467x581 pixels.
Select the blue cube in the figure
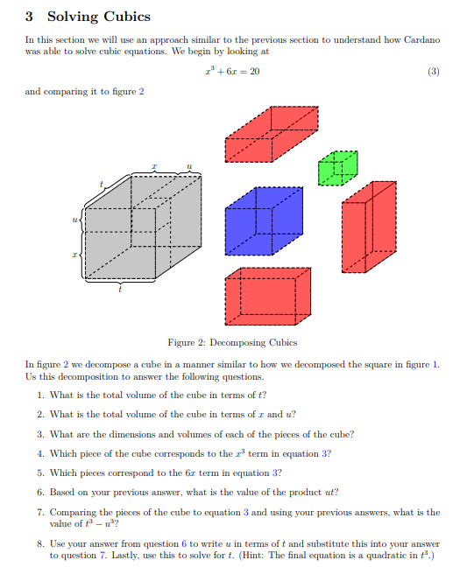tap(263, 222)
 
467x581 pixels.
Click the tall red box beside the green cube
tap(368, 227)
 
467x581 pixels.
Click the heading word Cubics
tap(124, 17)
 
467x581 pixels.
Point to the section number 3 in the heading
tap(29, 17)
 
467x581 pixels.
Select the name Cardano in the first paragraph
tap(423, 40)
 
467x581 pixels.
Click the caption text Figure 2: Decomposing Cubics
tap(232, 342)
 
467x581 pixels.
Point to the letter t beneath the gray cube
tap(121, 290)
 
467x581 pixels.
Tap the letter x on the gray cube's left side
tap(75, 254)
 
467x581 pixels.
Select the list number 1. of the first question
tap(41, 395)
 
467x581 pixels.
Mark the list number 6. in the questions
tap(41, 492)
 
